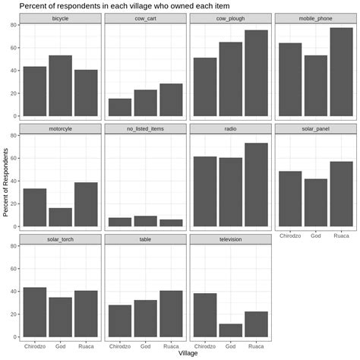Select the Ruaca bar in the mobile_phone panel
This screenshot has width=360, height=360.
[x=341, y=72]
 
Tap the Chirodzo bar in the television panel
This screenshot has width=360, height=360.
[x=206, y=315]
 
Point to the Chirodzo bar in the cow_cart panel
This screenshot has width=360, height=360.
[x=120, y=107]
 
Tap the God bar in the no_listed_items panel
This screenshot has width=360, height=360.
[x=145, y=221]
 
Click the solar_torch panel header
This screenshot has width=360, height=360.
[x=60, y=239]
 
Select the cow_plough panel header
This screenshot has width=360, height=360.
[x=230, y=17]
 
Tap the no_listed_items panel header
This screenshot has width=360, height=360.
[x=145, y=128]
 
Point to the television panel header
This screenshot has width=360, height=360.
[x=230, y=239]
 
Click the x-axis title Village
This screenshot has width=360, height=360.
[x=188, y=353]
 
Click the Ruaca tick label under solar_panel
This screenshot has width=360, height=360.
[x=341, y=235]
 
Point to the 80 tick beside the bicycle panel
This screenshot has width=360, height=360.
[x=14, y=25]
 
